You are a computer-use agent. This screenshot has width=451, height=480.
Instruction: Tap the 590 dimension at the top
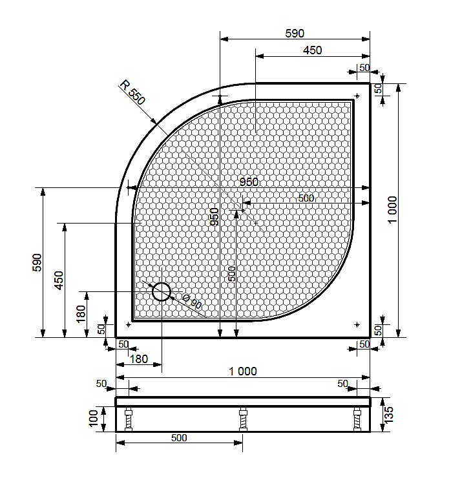point(295,34)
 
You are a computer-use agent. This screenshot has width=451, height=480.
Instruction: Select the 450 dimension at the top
point(312,50)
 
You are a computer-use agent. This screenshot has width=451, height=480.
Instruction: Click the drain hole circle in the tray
point(162,293)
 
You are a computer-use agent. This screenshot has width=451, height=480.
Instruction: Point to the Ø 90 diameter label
point(192,302)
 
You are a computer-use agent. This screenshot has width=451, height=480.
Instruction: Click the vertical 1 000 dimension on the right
point(393,210)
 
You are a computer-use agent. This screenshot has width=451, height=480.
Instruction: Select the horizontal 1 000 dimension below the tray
point(243,371)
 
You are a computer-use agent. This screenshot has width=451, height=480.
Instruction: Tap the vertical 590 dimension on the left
point(37,262)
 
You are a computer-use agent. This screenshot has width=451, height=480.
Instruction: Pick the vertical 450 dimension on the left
point(59,280)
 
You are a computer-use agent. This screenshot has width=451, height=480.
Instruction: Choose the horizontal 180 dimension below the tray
point(138,359)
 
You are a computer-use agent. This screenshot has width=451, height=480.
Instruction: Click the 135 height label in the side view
point(388,414)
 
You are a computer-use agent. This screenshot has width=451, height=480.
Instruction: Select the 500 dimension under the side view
point(179,437)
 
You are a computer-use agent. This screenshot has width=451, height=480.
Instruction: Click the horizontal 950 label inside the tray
point(247,182)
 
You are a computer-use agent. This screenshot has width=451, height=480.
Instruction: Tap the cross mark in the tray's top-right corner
point(357,96)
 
